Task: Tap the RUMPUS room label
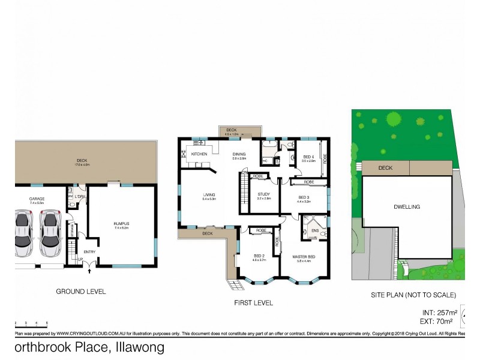(x=121, y=224)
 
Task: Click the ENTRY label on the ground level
(x=89, y=252)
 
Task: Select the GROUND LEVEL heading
(x=80, y=292)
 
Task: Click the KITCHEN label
(x=199, y=154)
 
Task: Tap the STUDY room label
(x=264, y=194)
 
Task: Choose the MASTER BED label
(x=304, y=257)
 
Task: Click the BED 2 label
(x=259, y=257)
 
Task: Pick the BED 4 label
(x=309, y=158)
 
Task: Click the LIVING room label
(x=209, y=195)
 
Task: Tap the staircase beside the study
(x=244, y=191)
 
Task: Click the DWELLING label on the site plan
(x=407, y=207)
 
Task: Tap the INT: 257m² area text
(x=440, y=313)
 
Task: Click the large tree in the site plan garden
(x=394, y=119)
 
